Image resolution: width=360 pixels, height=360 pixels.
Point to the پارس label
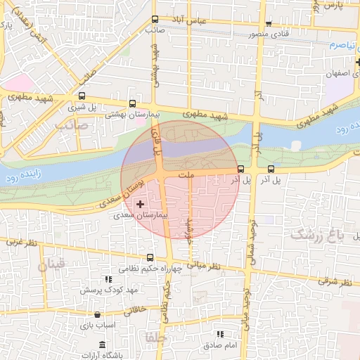[333, 6]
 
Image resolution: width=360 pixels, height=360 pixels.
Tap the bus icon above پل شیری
[82, 97]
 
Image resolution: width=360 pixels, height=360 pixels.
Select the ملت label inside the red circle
[186, 174]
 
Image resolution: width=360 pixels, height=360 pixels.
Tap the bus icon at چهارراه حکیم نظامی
[150, 257]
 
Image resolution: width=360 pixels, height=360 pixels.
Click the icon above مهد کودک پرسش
[108, 279]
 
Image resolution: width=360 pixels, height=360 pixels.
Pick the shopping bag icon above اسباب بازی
[108, 315]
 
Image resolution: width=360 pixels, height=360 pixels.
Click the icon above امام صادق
[219, 335]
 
